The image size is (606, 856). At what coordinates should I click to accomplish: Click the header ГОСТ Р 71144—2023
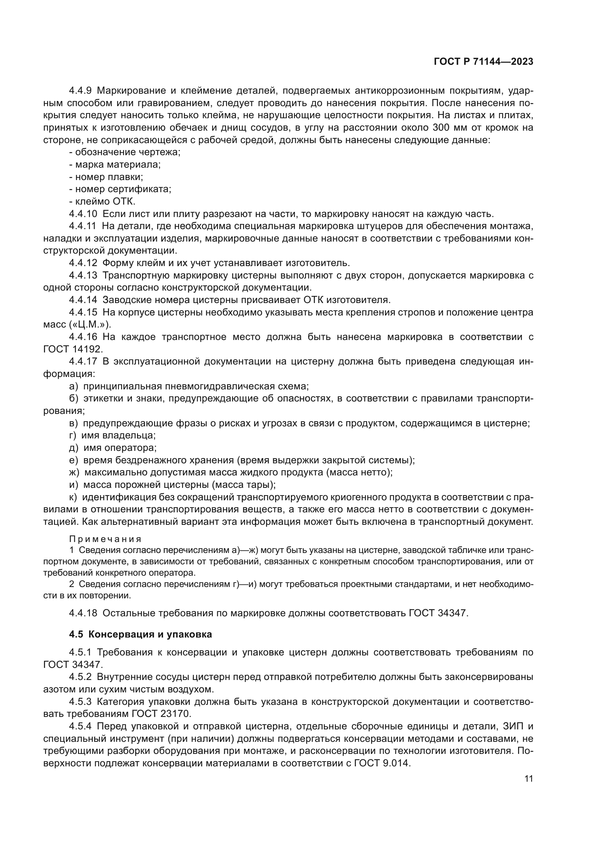(x=484, y=62)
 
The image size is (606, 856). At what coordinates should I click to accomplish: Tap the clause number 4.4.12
(x=83, y=263)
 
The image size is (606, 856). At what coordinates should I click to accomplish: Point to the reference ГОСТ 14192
(x=73, y=349)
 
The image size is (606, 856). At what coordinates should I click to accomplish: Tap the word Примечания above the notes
(x=105, y=539)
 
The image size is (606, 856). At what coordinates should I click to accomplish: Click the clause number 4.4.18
(x=83, y=613)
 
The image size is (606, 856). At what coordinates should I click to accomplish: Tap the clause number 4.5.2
(x=81, y=677)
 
